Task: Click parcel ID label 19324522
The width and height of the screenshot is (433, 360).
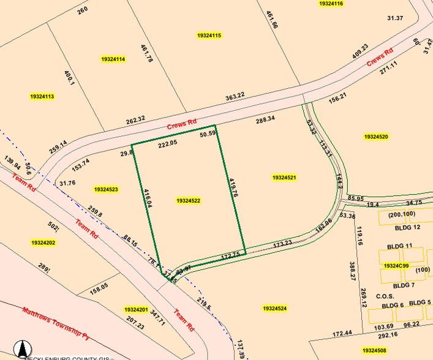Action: point(189,201)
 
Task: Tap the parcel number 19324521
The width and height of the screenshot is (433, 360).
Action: point(285,178)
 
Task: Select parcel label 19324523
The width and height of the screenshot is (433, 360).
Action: point(106,190)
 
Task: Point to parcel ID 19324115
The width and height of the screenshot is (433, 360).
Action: point(209,36)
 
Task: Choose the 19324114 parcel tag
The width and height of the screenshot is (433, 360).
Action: point(113,59)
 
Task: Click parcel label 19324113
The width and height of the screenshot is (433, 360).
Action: point(42,96)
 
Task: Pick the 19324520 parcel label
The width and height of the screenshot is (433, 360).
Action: point(376,137)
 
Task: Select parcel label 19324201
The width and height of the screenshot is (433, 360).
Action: point(135,310)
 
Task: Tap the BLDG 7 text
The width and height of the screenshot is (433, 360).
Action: point(404,285)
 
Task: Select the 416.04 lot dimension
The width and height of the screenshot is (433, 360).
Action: point(147,200)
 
